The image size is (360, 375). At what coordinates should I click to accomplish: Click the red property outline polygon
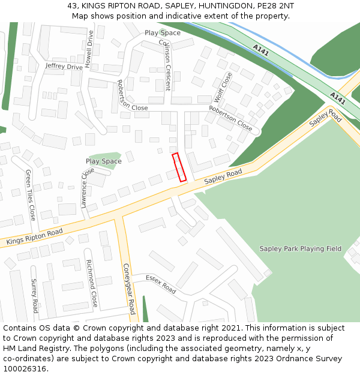pyautogui.click(x=179, y=167)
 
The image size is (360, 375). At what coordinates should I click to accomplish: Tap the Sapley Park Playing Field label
pyautogui.click(x=300, y=248)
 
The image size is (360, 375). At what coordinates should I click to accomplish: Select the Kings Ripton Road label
pyautogui.click(x=34, y=237)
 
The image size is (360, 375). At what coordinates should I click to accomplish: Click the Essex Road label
pyautogui.click(x=161, y=284)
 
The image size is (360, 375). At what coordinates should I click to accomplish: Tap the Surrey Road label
pyautogui.click(x=35, y=296)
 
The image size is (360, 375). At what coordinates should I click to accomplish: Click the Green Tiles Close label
pyautogui.click(x=29, y=194)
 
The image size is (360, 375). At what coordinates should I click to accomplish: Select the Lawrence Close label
pyautogui.click(x=87, y=187)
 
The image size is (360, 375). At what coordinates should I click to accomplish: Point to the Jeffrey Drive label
pyautogui.click(x=64, y=67)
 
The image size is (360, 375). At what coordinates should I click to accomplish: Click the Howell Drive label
pyautogui.click(x=91, y=49)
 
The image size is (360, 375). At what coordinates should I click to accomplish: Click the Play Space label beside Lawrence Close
pyautogui.click(x=103, y=161)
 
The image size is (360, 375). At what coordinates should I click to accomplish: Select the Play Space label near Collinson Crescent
pyautogui.click(x=162, y=33)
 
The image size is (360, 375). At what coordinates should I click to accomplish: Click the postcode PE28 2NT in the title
pyautogui.click(x=274, y=6)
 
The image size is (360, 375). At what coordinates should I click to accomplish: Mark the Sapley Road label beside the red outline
pyautogui.click(x=223, y=176)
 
